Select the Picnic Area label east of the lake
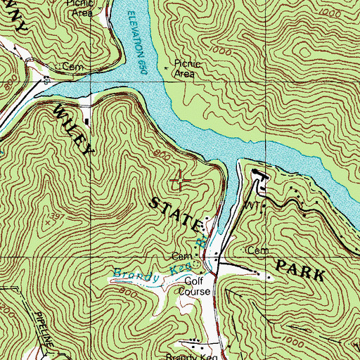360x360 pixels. [x=186, y=68]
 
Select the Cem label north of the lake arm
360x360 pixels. [x=69, y=66]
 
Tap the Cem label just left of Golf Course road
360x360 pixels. [x=181, y=256]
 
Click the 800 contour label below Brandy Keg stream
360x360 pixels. [x=127, y=289]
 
